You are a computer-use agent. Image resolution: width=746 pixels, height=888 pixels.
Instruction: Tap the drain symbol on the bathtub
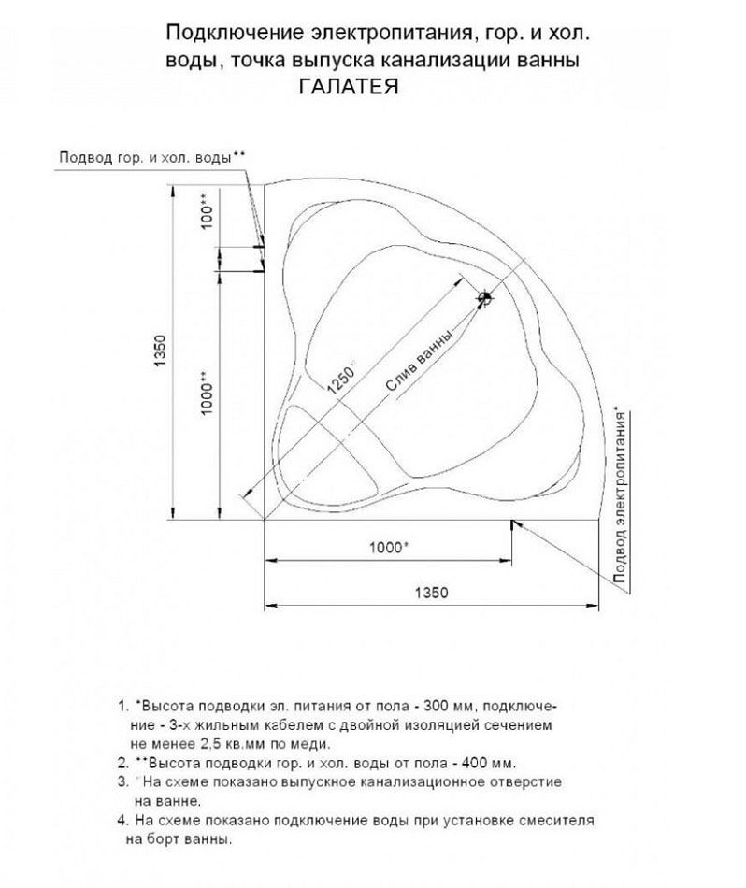click(484, 299)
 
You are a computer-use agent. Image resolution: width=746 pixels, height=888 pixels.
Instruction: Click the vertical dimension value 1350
click(159, 350)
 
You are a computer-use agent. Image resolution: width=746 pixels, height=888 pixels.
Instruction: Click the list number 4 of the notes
click(122, 819)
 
